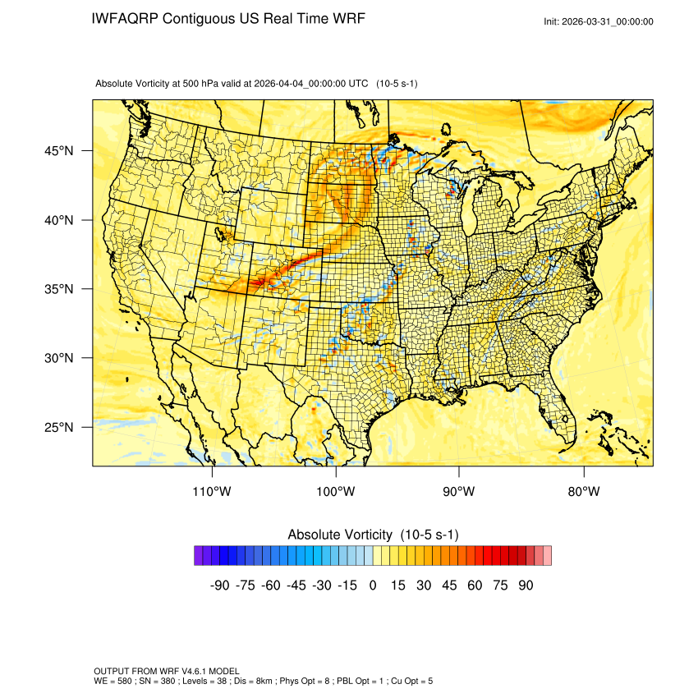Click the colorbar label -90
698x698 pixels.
pos(218,585)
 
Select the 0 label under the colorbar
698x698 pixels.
pos(373,585)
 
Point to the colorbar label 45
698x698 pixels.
pos(449,585)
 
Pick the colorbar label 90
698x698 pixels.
pos(526,585)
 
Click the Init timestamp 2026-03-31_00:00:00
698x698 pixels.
pos(610,21)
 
